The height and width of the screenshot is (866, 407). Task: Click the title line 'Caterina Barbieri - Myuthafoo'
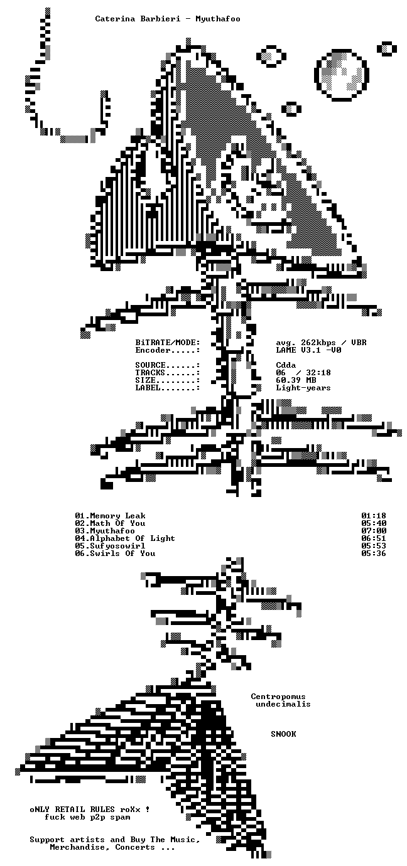pyautogui.click(x=168, y=19)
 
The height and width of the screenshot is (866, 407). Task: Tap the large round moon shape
pyautogui.click(x=341, y=75)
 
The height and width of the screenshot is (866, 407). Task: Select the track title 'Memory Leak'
pyautogui.click(x=117, y=516)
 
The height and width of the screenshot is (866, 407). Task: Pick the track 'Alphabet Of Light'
pyautogui.click(x=133, y=538)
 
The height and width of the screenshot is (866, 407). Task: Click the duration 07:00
pyautogui.click(x=374, y=531)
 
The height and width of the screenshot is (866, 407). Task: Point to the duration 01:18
pyautogui.click(x=374, y=516)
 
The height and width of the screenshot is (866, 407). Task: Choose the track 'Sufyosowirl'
pyautogui.click(x=117, y=546)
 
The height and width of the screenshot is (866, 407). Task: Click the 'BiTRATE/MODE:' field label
pyautogui.click(x=168, y=343)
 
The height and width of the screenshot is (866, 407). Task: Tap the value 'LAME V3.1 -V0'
pyautogui.click(x=309, y=350)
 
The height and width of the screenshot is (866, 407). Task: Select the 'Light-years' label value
pyautogui.click(x=303, y=388)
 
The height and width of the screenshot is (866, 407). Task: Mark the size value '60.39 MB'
pyautogui.click(x=296, y=380)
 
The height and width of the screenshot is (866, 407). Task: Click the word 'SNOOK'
pyautogui.click(x=283, y=734)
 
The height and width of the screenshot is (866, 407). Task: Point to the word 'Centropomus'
pyautogui.click(x=278, y=697)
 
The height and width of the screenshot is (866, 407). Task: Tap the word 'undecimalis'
pyautogui.click(x=283, y=704)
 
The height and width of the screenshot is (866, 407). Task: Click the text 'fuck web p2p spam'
pyautogui.click(x=87, y=817)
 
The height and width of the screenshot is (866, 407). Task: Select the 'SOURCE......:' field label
pyautogui.click(x=168, y=365)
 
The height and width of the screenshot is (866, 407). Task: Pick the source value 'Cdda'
pyautogui.click(x=286, y=365)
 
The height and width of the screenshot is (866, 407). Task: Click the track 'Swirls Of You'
pyautogui.click(x=122, y=553)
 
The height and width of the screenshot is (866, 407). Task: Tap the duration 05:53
pyautogui.click(x=374, y=546)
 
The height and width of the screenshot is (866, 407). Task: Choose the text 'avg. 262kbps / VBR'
pyautogui.click(x=321, y=343)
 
